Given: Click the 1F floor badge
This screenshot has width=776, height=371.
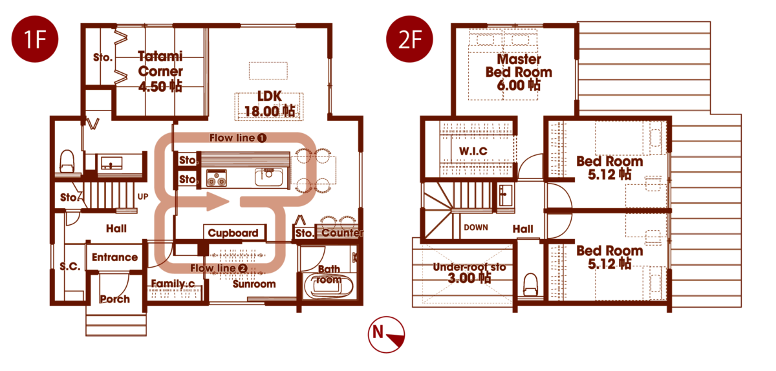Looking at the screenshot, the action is pyautogui.click(x=35, y=39).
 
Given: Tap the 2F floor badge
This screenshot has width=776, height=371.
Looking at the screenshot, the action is pyautogui.click(x=409, y=39).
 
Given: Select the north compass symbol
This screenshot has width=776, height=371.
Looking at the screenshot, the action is pyautogui.click(x=386, y=335).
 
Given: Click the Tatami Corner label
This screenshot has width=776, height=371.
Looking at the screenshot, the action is pyautogui.click(x=160, y=63).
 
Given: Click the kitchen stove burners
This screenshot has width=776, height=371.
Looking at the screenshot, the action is pyautogui.click(x=217, y=178).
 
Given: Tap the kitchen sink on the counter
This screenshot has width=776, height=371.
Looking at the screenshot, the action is pyautogui.click(x=269, y=177).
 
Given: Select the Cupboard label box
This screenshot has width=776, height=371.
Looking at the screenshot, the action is pyautogui.click(x=234, y=233).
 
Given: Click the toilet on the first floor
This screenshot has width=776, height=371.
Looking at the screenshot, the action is pyautogui.click(x=67, y=161).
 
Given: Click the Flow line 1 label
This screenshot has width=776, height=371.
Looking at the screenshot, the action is pyautogui.click(x=238, y=138).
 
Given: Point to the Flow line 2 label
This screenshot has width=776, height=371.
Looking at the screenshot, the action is pyautogui.click(x=219, y=268).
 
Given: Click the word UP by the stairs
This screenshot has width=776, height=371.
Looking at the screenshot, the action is pyautogui.click(x=143, y=196).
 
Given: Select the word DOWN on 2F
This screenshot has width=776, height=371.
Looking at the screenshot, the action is pyautogui.click(x=476, y=228).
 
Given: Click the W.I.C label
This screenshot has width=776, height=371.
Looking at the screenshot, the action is pyautogui.click(x=473, y=151).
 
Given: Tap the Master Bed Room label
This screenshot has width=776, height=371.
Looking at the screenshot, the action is pyautogui.click(x=519, y=65).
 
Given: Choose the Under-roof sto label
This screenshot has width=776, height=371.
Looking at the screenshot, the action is pyautogui.click(x=469, y=267).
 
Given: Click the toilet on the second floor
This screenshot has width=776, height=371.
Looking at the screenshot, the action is pyautogui.click(x=530, y=285).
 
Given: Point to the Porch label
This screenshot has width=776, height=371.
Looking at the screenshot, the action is pyautogui.click(x=114, y=299).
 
